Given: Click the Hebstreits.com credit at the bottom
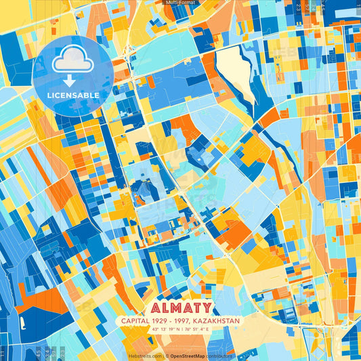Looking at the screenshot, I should pos(144,356).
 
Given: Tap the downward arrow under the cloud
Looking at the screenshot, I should pos(73,81).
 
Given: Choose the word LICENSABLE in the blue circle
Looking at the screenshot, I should pos(73,95).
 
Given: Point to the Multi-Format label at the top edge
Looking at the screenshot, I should pos(180,3).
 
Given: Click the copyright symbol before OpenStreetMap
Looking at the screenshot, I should pos(167,356).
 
